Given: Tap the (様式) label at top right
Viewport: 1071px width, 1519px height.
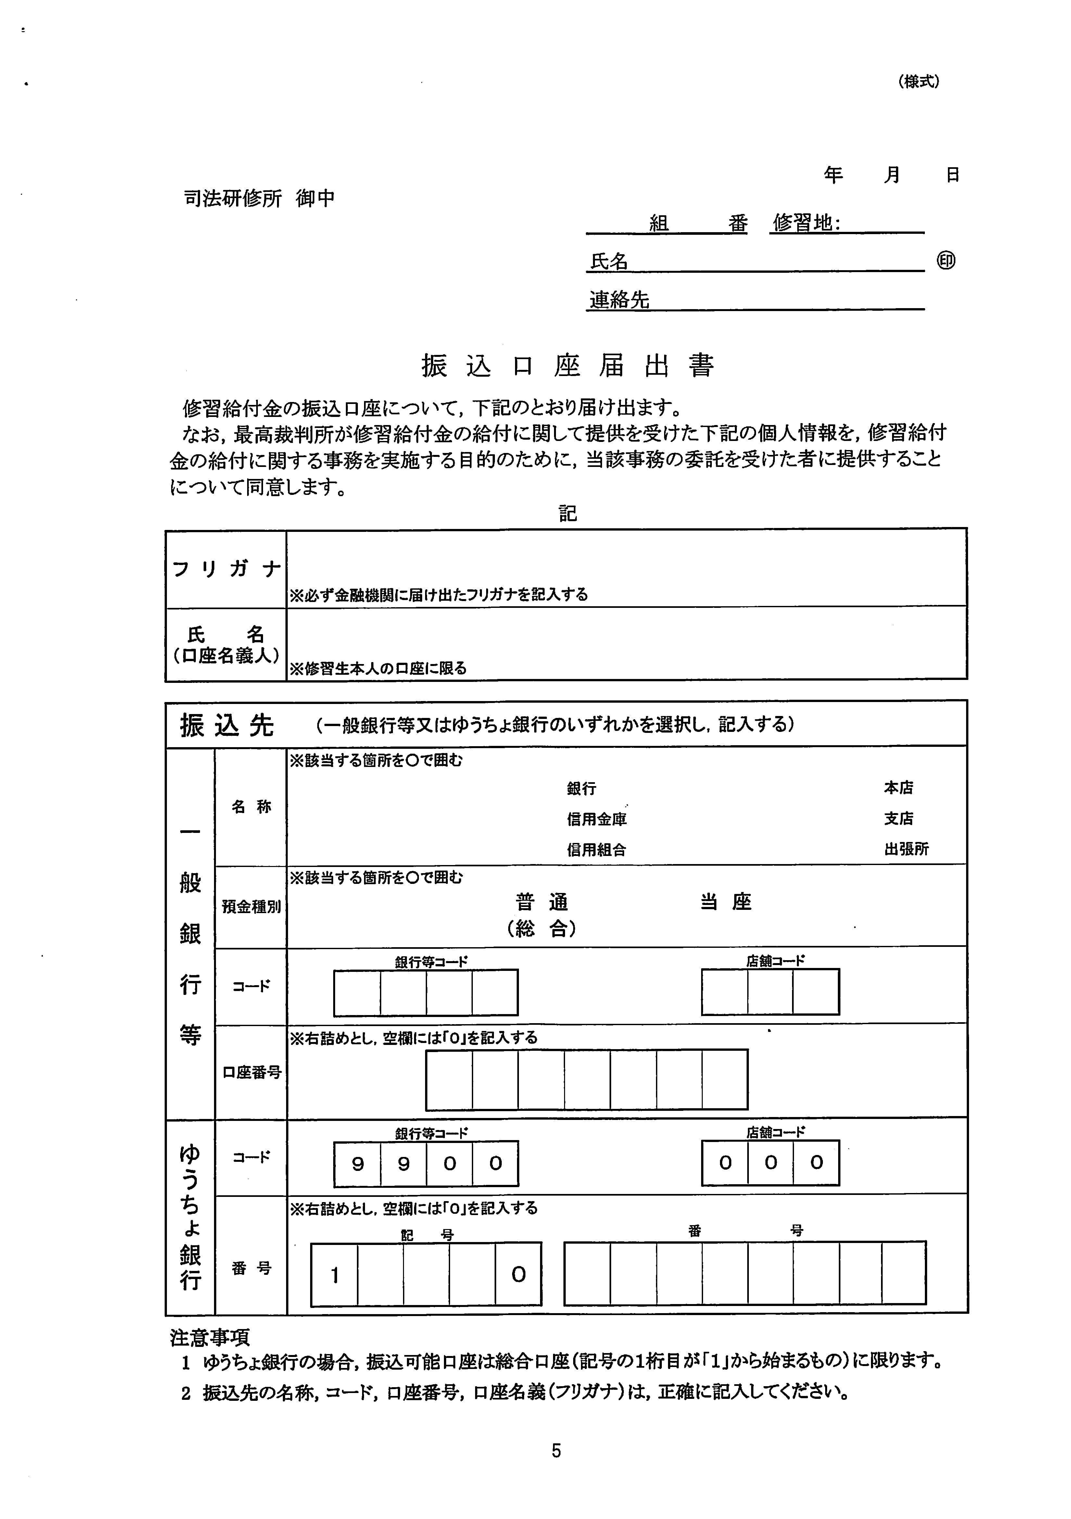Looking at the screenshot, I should pyautogui.click(x=919, y=82).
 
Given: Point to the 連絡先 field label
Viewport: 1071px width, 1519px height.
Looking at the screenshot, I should pyautogui.click(x=619, y=300).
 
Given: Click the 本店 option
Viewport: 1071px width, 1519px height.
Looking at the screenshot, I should pyautogui.click(x=898, y=787).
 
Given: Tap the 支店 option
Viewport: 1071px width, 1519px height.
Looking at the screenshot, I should pyautogui.click(x=898, y=818).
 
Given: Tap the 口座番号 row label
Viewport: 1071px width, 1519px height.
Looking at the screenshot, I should pyautogui.click(x=251, y=1073).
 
